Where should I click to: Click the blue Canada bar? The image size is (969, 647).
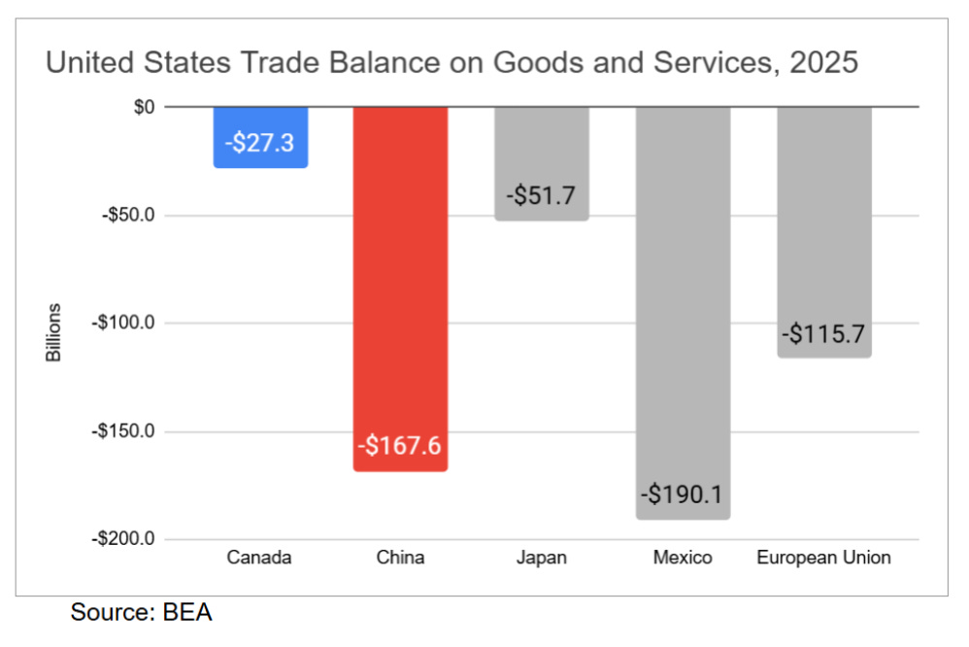point(261,137)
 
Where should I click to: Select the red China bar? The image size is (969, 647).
point(400,289)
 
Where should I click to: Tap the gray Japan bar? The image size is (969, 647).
point(542,163)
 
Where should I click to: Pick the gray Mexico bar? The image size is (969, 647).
point(683,313)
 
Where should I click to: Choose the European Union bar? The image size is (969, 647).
point(824,232)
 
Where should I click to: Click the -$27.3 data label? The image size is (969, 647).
point(259,143)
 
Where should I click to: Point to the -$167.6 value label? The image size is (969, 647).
point(400,445)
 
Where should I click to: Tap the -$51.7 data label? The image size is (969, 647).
point(542,195)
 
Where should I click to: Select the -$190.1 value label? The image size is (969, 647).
point(682,494)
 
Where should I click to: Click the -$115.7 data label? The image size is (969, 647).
point(823,334)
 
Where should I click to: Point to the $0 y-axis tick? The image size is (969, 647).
point(144,107)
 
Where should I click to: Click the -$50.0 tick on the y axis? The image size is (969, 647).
point(128,216)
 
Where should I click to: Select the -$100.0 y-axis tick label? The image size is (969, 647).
point(123,323)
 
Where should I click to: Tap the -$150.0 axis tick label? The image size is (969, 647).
point(123,431)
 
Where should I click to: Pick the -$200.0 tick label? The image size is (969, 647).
point(123,539)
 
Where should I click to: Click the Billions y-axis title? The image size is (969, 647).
point(53,333)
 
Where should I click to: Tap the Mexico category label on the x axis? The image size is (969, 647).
point(683,558)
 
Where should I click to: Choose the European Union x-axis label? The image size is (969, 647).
point(823,558)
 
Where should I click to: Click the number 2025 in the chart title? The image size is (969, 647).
point(823,62)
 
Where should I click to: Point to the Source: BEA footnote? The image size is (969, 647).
point(142,612)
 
